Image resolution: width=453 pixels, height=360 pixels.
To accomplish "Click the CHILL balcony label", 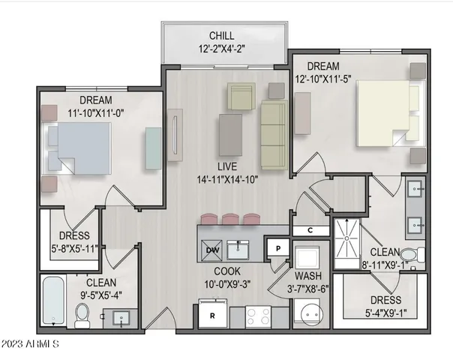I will point(222,35).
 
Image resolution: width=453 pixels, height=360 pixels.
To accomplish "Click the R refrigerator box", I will point(212,315).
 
